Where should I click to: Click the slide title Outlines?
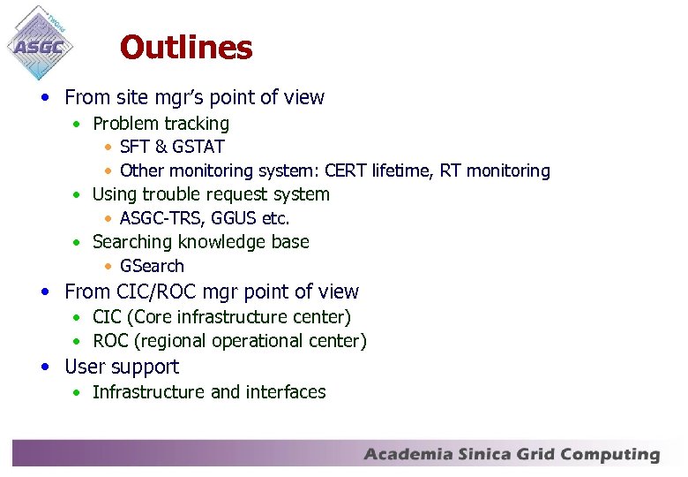[186, 48]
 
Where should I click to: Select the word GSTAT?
[198, 147]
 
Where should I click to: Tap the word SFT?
[135, 147]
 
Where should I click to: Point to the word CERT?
[347, 170]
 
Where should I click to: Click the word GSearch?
[152, 266]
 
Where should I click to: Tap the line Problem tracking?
[161, 124]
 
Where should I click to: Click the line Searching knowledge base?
[200, 242]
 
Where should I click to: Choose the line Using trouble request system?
[211, 194]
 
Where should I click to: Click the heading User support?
[122, 367]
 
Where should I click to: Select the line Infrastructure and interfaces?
[209, 392]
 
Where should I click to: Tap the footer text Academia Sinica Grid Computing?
[512, 455]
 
